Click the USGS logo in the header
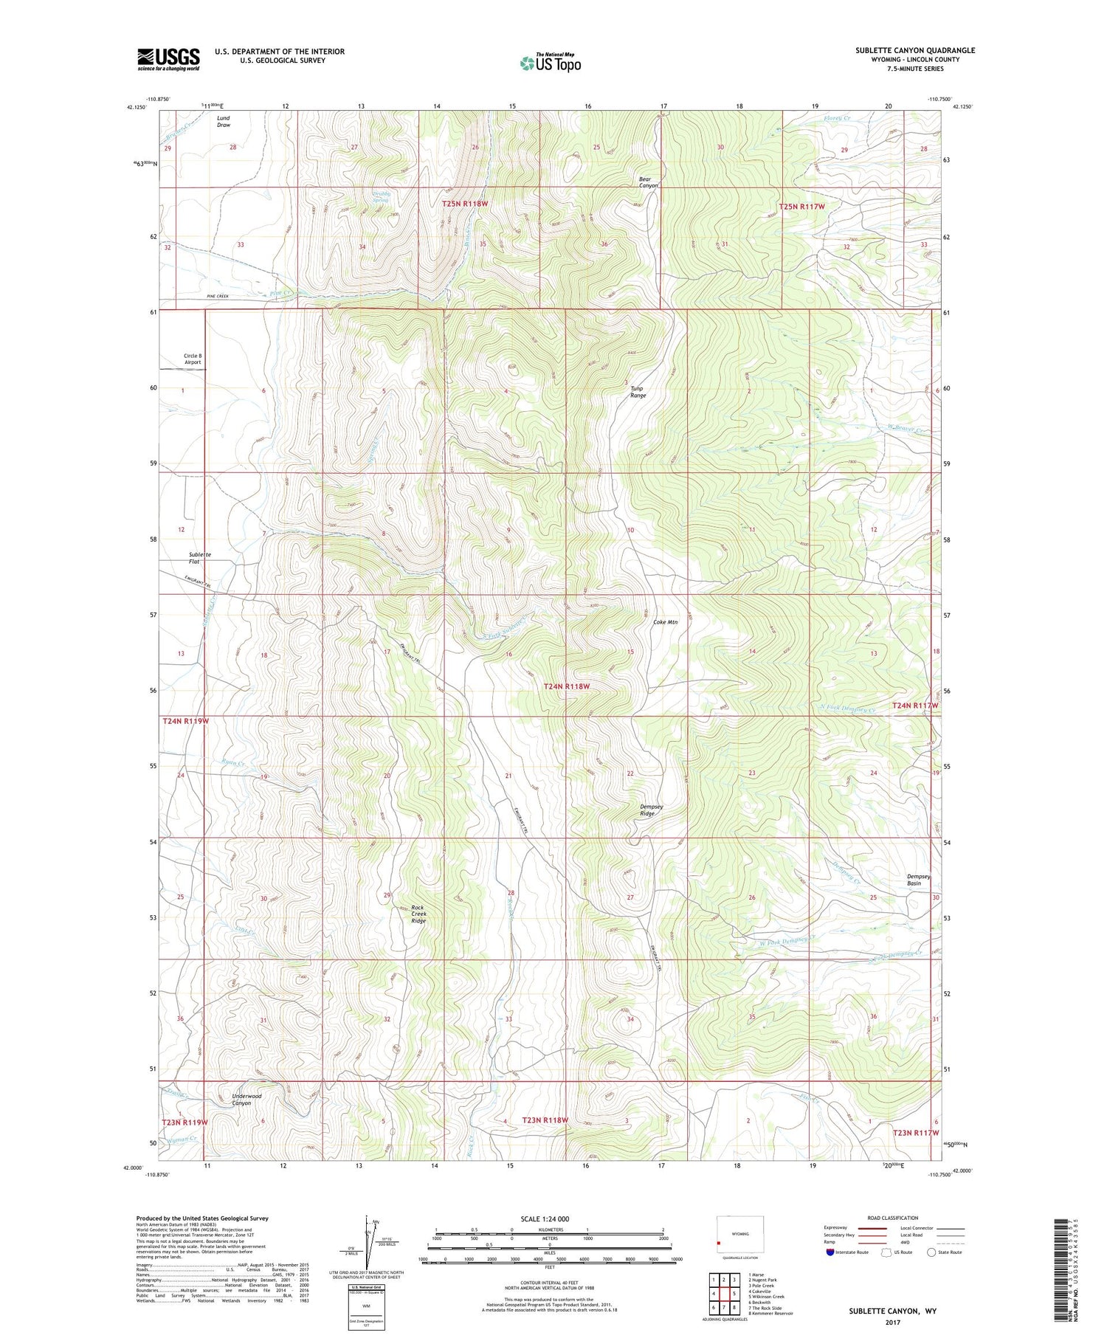[168, 59]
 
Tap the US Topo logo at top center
[550, 63]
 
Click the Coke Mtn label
[665, 622]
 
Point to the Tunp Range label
[638, 392]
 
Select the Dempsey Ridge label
[651, 810]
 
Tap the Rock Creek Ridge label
[418, 914]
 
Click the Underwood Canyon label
[246, 1100]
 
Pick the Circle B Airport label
[192, 359]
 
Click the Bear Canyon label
[648, 182]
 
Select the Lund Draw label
[224, 121]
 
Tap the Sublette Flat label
[199, 558]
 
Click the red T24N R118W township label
[567, 686]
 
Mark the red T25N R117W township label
[801, 207]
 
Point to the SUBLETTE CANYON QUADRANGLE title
[915, 50]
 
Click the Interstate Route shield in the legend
[830, 1252]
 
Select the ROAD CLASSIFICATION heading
[893, 1218]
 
